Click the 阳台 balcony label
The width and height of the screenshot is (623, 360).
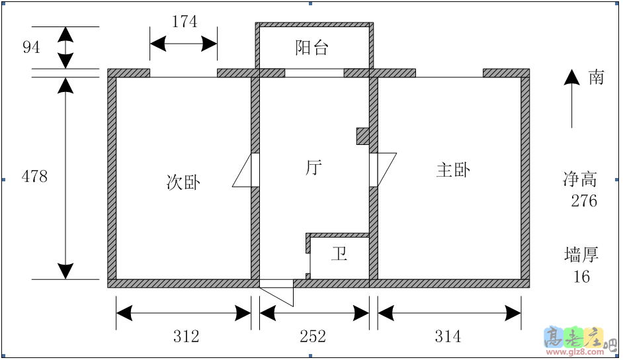point(312,48)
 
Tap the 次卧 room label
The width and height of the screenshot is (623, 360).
point(183,182)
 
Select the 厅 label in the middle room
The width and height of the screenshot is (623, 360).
point(313,167)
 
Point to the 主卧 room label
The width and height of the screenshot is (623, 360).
point(453,169)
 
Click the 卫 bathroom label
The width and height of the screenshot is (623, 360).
point(339,254)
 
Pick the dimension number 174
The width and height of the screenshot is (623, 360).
point(184,22)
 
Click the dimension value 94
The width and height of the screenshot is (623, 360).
point(31,47)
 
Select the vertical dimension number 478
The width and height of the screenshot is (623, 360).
point(34,177)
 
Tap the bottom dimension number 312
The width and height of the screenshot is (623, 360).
point(186,337)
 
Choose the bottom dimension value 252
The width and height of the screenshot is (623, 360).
point(313,337)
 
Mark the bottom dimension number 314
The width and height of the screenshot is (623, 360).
point(448,337)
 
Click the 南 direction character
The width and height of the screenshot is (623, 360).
point(596,77)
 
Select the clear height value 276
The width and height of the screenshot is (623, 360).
point(584,201)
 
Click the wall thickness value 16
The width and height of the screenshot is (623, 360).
point(581,277)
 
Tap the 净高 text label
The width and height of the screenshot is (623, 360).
point(580,179)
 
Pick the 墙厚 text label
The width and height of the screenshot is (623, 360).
point(581,254)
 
